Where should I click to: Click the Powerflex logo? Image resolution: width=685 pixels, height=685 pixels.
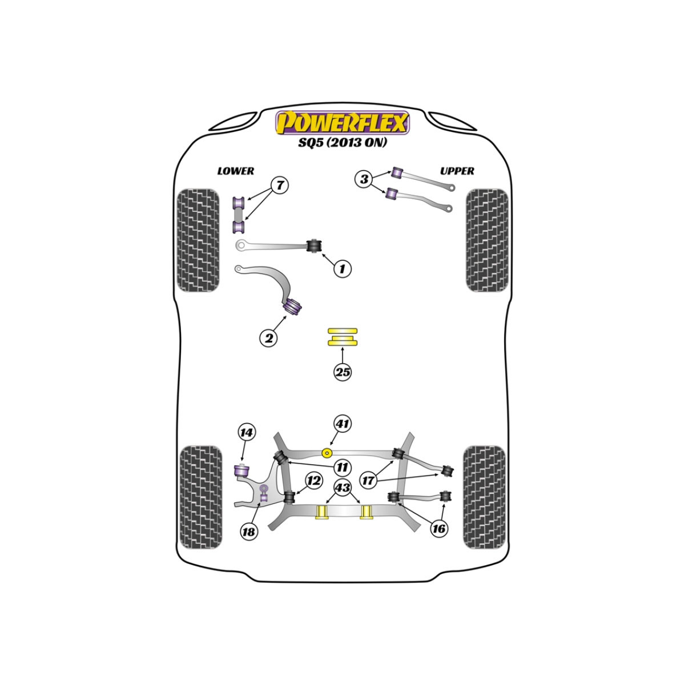coord(342,123)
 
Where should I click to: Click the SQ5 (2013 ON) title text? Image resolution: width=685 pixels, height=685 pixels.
coord(342,143)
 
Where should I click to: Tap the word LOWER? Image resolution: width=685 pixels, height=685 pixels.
coord(236,171)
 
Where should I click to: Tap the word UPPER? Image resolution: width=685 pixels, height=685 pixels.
coord(457,171)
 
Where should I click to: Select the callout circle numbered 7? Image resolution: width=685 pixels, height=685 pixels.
coord(280,185)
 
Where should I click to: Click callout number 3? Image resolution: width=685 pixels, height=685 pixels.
coord(364,179)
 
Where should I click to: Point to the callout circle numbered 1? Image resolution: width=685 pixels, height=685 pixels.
coord(342,269)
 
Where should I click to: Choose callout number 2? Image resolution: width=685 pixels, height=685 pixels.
coord(269,338)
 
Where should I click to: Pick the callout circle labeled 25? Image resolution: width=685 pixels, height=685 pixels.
coord(342,373)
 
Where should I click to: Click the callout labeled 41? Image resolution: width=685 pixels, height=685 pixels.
coord(342,424)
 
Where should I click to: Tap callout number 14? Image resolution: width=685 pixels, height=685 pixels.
coord(247,432)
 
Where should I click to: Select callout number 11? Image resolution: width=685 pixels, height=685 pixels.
coord(342,467)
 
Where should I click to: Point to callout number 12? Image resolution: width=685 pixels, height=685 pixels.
coord(313,481)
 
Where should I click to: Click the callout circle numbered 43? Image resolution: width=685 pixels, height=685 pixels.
coord(342,487)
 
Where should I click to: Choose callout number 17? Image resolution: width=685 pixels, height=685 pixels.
coord(368,481)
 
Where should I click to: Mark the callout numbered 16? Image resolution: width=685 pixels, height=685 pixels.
coord(438,529)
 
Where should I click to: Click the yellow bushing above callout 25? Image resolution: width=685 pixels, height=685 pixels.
coord(342,337)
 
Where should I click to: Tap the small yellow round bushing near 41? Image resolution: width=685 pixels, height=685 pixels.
coord(327,453)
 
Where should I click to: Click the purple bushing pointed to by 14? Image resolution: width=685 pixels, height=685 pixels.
coord(241,472)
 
